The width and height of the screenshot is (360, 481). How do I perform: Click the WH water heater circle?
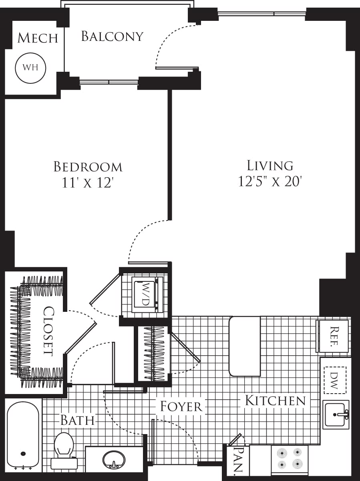pos(30,67)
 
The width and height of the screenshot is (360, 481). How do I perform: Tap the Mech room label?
pos(38,38)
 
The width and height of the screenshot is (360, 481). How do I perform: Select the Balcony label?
pos(112,36)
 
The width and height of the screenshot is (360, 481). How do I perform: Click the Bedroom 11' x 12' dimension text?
pos(88,183)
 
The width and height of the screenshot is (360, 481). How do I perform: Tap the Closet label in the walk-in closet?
pos(48,331)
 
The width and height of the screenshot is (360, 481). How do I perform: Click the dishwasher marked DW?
pos(335,380)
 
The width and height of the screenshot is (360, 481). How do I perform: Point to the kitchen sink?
pos(336,414)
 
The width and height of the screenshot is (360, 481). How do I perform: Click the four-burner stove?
pos(290,459)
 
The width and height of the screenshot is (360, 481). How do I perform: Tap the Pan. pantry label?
pos(237,460)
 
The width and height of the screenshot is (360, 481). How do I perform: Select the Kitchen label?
pos(275,400)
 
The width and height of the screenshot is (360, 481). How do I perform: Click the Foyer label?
pos(181,406)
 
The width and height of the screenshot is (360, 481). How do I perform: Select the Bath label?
pos(77,420)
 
